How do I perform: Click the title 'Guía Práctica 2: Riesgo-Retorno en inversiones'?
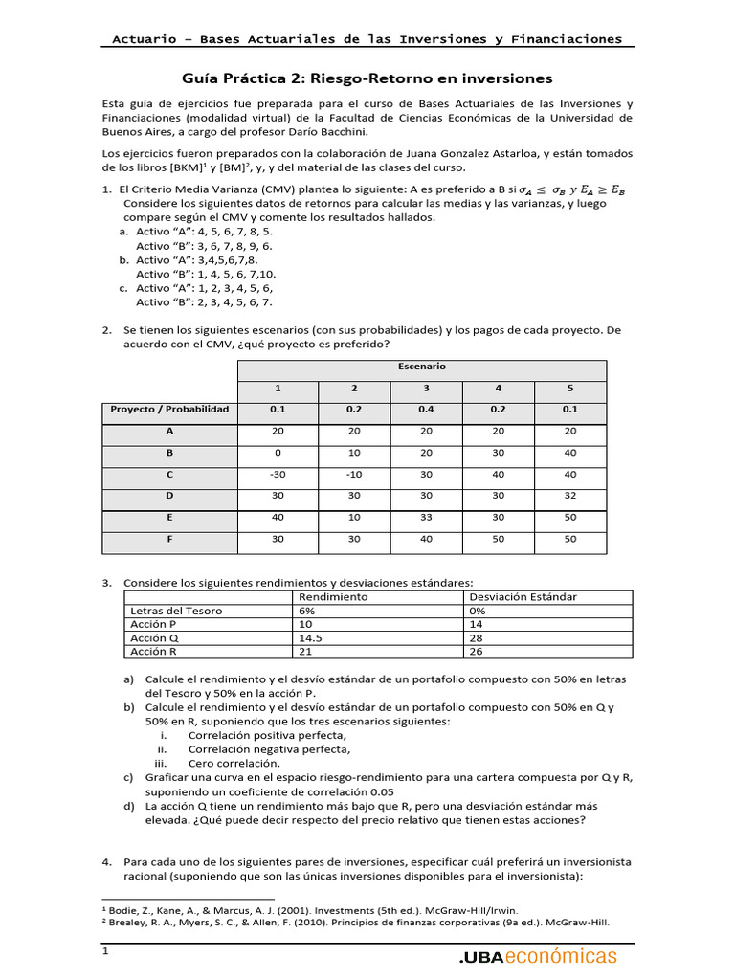367,78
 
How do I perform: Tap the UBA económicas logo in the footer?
538,956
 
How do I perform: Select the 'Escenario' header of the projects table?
421,367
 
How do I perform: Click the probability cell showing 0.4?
425,409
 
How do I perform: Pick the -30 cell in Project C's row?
278,474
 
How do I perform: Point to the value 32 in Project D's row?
570,496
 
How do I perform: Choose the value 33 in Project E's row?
425,519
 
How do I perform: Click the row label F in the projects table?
168,540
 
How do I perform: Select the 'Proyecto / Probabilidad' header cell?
169,409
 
